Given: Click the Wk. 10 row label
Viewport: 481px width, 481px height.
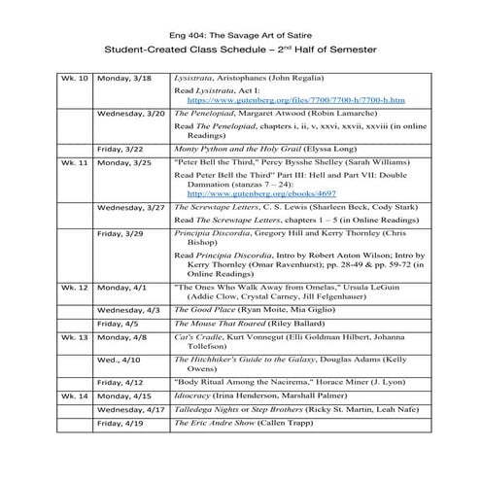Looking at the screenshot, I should coord(75,76).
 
